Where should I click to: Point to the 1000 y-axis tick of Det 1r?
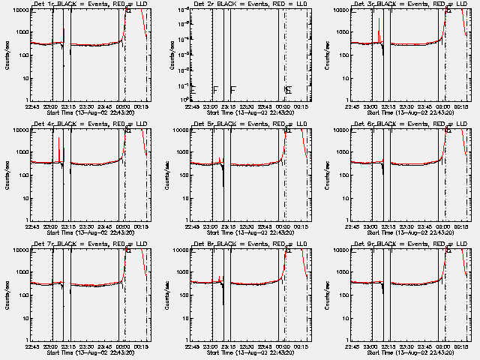pyautogui.click(x=22, y=32)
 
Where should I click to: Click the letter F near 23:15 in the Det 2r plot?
pyautogui.click(x=233, y=90)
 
